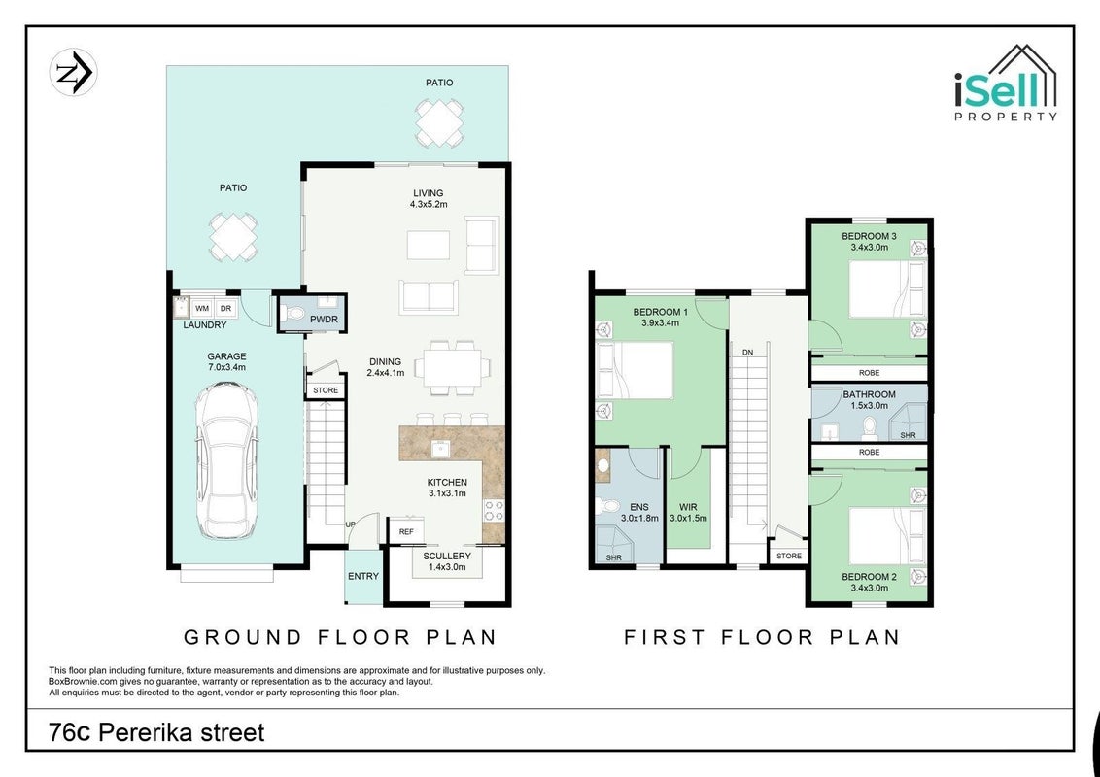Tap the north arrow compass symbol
[x=73, y=72]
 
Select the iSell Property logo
[x=1006, y=83]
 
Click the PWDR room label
[x=325, y=320]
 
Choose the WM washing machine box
[x=202, y=309]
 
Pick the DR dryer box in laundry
[x=225, y=309]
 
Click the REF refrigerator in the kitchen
[x=406, y=531]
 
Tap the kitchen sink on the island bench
[x=440, y=449]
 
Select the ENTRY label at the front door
[x=363, y=577]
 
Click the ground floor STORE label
[x=326, y=390]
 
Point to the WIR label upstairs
[x=688, y=508]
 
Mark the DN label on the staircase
[x=748, y=352]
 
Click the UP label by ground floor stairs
[x=350, y=524]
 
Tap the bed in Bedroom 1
[x=635, y=370]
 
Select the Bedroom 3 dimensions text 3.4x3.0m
[x=869, y=247]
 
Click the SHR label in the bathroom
[x=908, y=435]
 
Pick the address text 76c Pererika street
[x=156, y=733]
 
